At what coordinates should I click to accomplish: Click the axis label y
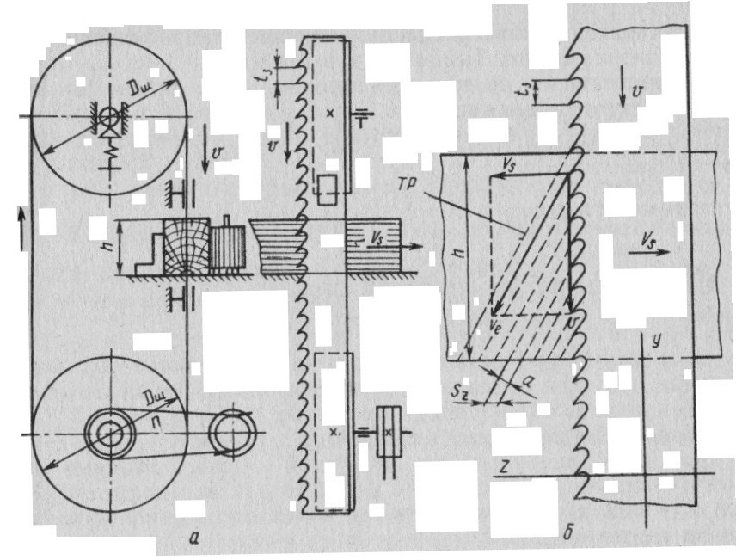pos(656,342)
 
